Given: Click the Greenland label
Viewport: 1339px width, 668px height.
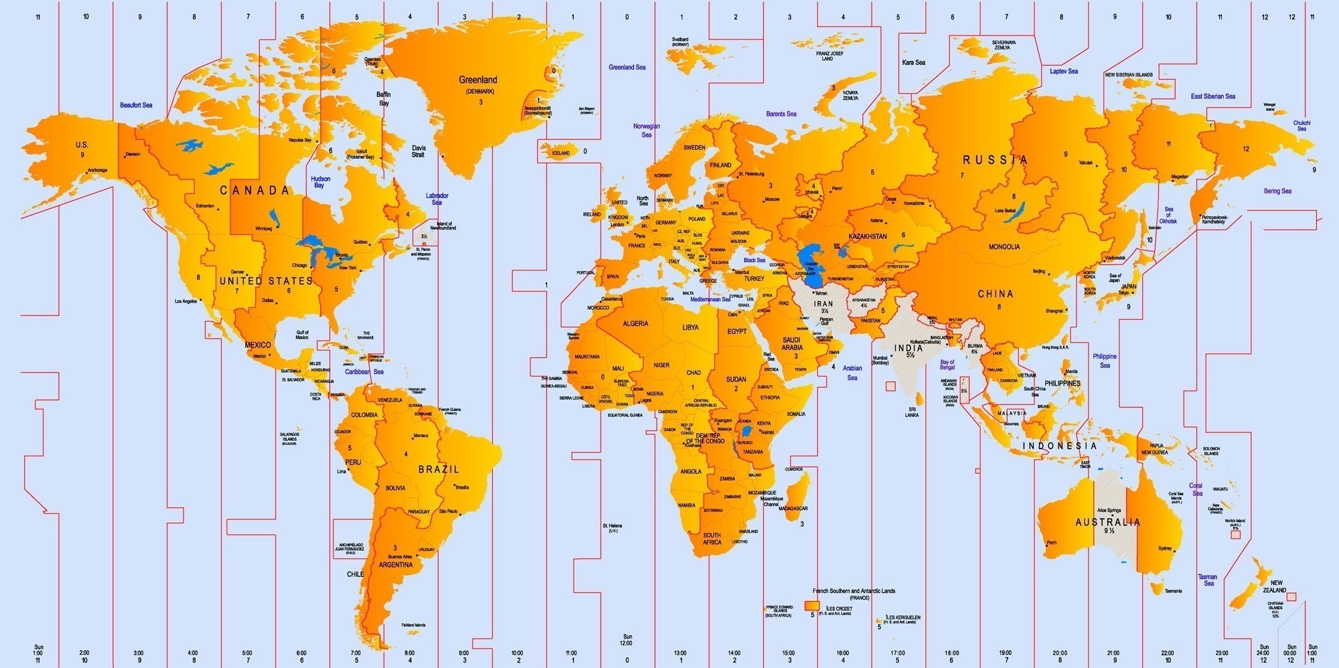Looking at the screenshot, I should pyautogui.click(x=477, y=80).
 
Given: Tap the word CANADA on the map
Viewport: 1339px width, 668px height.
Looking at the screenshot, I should pyautogui.click(x=255, y=191).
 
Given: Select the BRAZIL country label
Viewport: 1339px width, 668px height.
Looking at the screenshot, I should pyautogui.click(x=439, y=470).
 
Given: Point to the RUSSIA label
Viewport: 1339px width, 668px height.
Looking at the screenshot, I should pyautogui.click(x=995, y=160).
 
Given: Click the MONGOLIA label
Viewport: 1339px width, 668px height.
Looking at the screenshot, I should pyautogui.click(x=1004, y=247).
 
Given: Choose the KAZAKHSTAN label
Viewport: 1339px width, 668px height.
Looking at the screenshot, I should pyautogui.click(x=868, y=236).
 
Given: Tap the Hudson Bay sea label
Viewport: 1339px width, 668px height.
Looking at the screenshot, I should pyautogui.click(x=320, y=182).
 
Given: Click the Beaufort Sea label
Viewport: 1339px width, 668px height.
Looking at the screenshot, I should pyautogui.click(x=136, y=105).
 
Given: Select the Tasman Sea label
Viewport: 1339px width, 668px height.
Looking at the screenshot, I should pyautogui.click(x=1208, y=580).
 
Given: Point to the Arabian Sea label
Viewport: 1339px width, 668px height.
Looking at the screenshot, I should pyautogui.click(x=852, y=373).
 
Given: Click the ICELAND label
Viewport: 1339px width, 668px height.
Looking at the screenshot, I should pyautogui.click(x=561, y=153).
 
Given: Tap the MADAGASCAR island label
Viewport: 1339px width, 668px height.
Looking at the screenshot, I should pyautogui.click(x=794, y=509).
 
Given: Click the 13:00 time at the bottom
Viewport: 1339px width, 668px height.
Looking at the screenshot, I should pyautogui.click(x=680, y=653).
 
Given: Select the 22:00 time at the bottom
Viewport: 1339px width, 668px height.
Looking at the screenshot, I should pyautogui.click(x=1168, y=653).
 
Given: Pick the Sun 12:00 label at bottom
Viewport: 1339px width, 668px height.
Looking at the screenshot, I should pyautogui.click(x=627, y=640).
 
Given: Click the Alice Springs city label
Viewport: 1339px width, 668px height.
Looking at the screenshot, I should pyautogui.click(x=1109, y=511).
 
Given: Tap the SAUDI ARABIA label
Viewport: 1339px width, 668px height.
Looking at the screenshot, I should pyautogui.click(x=791, y=344).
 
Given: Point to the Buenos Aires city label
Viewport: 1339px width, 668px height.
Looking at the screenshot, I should pyautogui.click(x=399, y=557).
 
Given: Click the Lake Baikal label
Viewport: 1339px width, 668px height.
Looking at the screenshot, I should pyautogui.click(x=1005, y=211).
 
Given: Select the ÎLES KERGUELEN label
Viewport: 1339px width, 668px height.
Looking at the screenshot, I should pyautogui.click(x=902, y=618).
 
